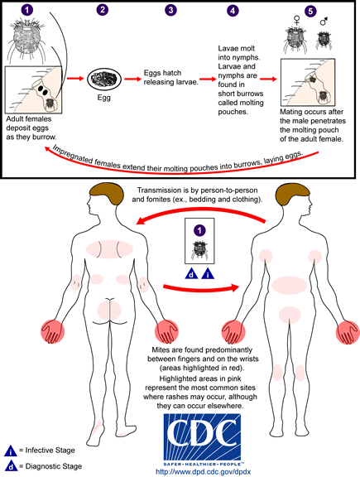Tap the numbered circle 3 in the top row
[x=170, y=11]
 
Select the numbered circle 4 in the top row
[x=233, y=11]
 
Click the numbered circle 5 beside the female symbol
[x=311, y=12]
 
